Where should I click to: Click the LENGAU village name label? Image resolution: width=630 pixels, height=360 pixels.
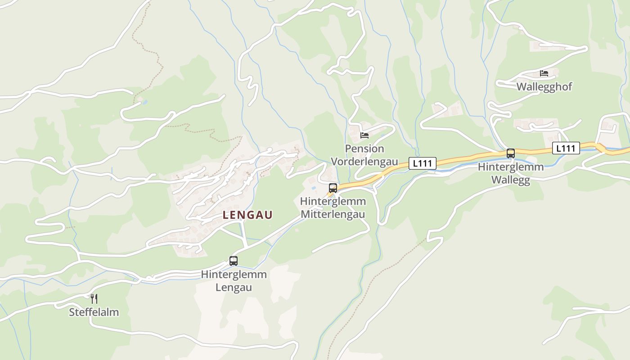[247, 215]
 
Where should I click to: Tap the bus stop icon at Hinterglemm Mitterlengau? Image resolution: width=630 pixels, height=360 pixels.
[333, 188]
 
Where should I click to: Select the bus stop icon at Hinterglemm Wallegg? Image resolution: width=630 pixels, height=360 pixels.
[510, 153]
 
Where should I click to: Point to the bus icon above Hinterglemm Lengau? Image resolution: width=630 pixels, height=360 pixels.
[234, 261]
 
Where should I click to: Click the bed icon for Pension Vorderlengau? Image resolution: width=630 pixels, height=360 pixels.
[364, 135]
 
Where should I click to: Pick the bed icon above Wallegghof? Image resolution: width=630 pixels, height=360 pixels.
[544, 73]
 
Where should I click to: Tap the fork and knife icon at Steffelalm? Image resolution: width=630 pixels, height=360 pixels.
[94, 298]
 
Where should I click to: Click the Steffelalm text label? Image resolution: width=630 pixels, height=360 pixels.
[94, 312]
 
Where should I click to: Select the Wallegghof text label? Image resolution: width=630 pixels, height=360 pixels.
[544, 86]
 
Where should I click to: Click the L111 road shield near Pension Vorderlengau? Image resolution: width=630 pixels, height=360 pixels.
[423, 163]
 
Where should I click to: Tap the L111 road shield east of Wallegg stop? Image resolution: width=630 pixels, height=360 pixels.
[566, 148]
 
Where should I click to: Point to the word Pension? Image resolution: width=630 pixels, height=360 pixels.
[364, 148]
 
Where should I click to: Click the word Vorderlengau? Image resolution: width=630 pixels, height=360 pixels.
[364, 162]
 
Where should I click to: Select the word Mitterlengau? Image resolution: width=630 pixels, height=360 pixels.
[333, 214]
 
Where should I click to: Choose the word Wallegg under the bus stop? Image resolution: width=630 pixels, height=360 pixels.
[510, 180]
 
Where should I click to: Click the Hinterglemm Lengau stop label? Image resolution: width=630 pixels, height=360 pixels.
[234, 280]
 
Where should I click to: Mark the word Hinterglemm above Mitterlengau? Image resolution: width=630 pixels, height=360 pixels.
[333, 201]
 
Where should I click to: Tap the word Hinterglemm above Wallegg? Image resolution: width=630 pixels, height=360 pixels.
[510, 167]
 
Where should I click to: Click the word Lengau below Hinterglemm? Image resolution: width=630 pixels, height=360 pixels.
[234, 287]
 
